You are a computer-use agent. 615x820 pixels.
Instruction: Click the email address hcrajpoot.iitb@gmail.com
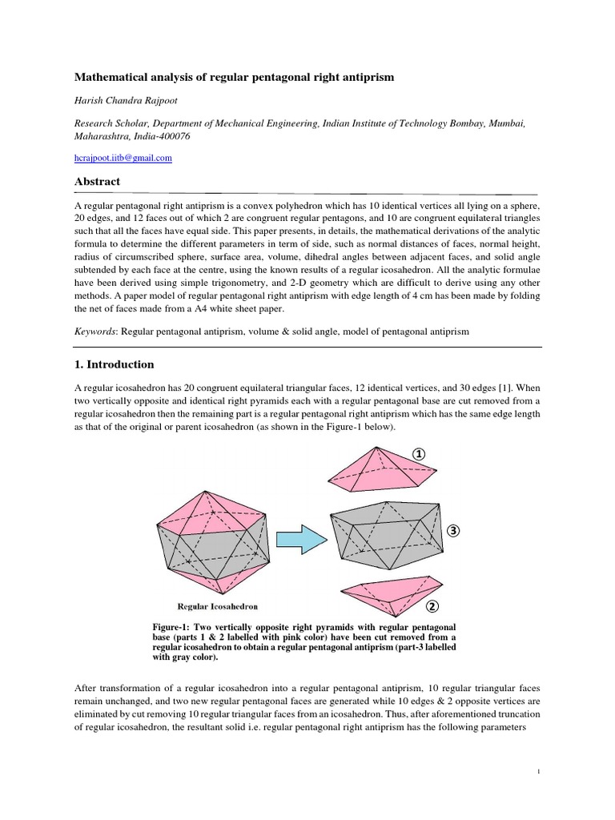(x=123, y=159)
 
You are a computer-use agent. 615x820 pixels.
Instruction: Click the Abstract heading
(x=97, y=182)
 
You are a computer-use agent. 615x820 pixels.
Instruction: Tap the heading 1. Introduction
(x=114, y=364)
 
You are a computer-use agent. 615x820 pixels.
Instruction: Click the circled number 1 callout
(x=419, y=454)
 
